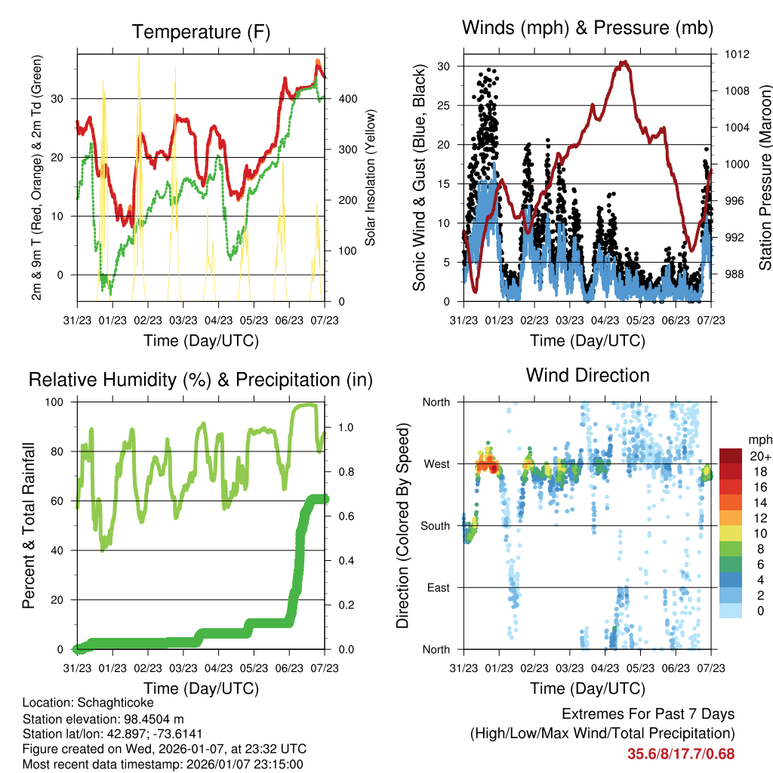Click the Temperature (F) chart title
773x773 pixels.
(x=201, y=32)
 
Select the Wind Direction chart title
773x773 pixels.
(x=587, y=375)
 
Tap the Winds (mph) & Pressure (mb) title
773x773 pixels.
(x=587, y=29)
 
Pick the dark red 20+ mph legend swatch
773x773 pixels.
(x=730, y=457)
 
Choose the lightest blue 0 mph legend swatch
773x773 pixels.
(x=730, y=611)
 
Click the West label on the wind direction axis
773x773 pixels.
(x=436, y=464)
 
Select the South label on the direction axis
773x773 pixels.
(x=435, y=526)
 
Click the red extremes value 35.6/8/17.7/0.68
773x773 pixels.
(x=680, y=753)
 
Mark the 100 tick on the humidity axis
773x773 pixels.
(x=60, y=402)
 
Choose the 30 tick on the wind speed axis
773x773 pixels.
(x=445, y=66)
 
